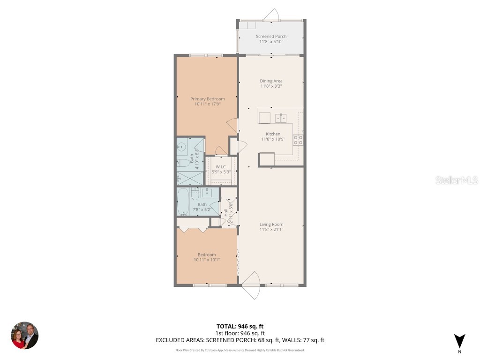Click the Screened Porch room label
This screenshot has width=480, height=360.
click(271, 37)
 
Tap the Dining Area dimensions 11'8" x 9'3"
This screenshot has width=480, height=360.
click(271, 86)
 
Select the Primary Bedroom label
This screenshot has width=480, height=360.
click(207, 99)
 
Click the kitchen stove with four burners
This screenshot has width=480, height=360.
click(298, 140)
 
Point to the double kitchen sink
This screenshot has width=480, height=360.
click(281, 118)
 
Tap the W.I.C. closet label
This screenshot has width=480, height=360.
click(221, 167)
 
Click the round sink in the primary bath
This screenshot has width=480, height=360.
click(182, 147)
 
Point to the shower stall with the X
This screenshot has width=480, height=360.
click(190, 178)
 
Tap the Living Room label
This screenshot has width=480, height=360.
click(271, 224)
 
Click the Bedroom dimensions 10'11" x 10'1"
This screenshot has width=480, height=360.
click(207, 260)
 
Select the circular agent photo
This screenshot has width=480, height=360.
click(24, 335)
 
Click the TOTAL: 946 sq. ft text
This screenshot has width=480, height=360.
click(243, 326)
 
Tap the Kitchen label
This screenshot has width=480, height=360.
click(271, 134)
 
